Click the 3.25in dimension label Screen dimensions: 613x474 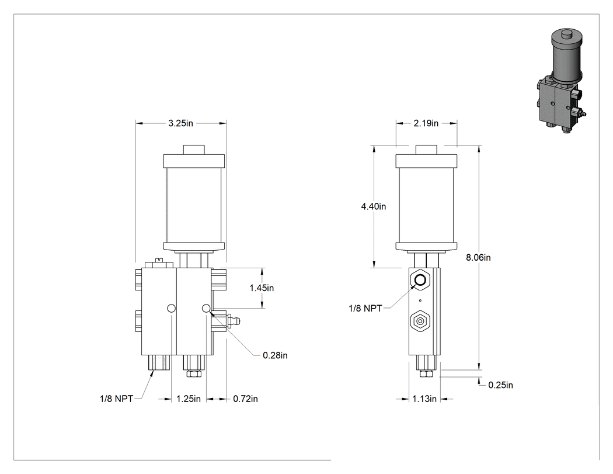tap(180, 123)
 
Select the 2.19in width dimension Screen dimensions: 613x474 tap(426, 123)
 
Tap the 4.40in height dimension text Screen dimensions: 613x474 tap(374, 206)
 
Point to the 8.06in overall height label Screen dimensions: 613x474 tap(478, 258)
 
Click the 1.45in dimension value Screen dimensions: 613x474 tap(262, 288)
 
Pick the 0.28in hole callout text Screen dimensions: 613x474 tap(275, 355)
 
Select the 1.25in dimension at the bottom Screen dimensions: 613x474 tap(189, 399)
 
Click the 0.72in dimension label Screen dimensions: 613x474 tap(246, 399)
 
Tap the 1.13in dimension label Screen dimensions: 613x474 tap(424, 399)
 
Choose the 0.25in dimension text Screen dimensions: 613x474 tap(500, 385)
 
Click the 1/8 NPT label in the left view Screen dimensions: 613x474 tap(117, 399)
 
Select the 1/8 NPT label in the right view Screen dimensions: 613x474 tap(365, 309)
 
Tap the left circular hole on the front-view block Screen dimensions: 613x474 tap(171, 309)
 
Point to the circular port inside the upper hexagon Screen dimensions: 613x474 tap(420, 280)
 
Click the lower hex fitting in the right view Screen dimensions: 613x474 tap(420, 321)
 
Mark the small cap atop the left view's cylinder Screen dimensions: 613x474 tap(194, 150)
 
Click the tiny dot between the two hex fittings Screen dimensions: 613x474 tap(420, 300)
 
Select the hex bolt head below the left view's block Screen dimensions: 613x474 tap(194, 373)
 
